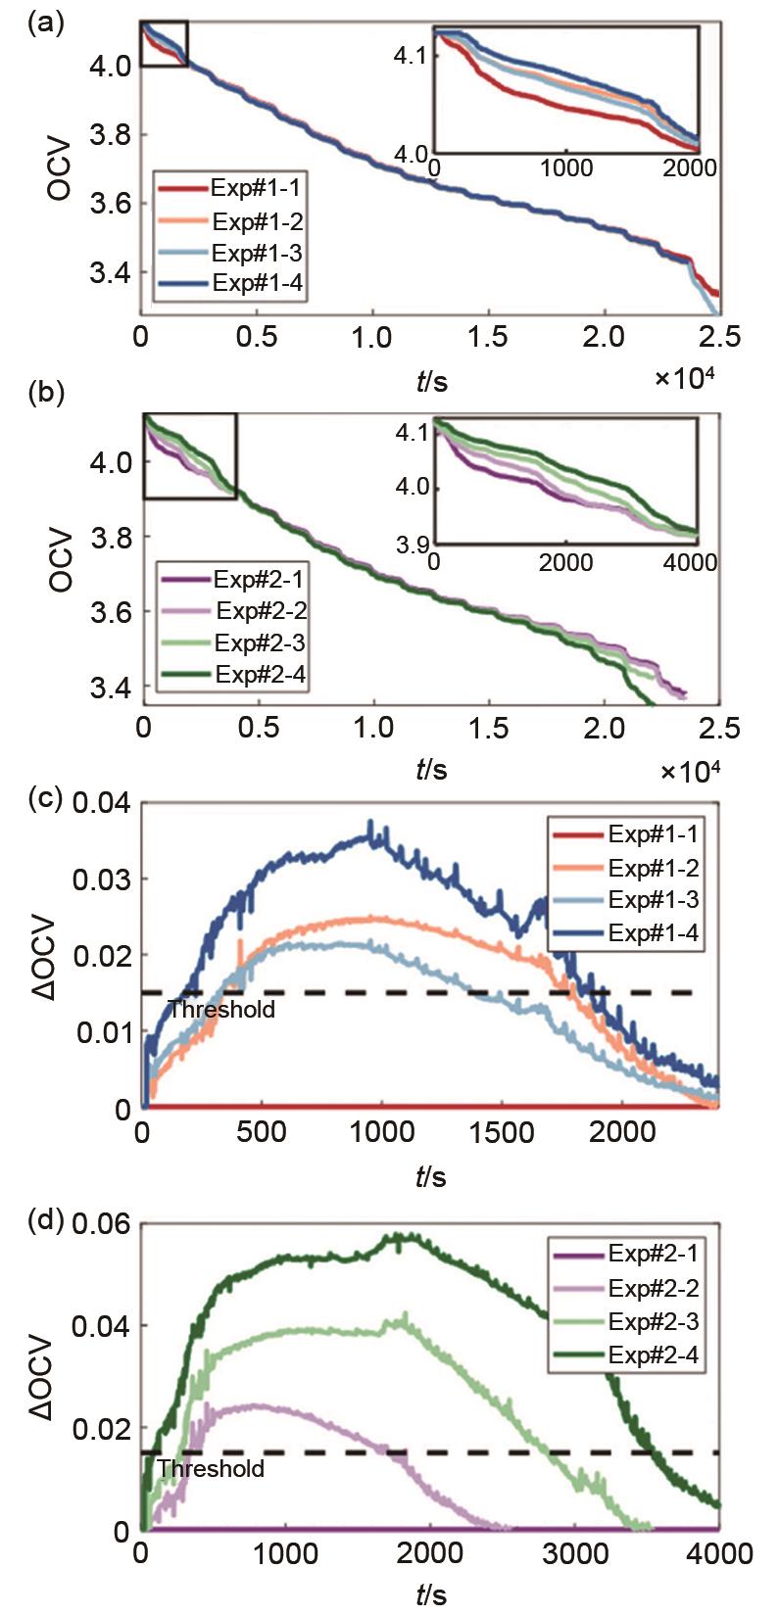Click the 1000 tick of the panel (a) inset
tap(566, 167)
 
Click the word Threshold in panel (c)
tap(221, 1009)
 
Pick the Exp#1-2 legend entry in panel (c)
tap(653, 868)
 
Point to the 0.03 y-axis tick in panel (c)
tap(102, 879)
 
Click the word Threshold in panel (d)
tap(211, 1468)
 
